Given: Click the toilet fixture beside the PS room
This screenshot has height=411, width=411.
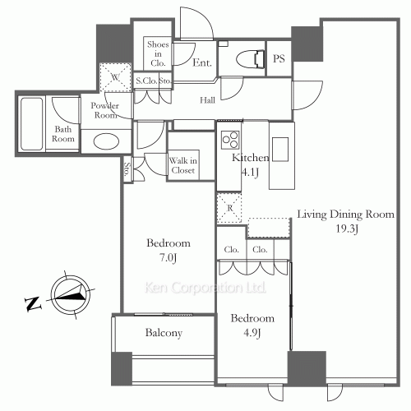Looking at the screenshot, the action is tap(250, 59).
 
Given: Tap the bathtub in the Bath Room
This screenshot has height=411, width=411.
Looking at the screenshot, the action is tap(32, 124).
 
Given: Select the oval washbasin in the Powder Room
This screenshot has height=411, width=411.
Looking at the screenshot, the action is tap(106, 141).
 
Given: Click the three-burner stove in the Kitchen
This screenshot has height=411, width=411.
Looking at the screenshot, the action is tap(230, 140).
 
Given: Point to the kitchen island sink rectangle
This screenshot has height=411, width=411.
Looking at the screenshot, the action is tap(280, 149).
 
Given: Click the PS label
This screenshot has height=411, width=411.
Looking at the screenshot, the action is tap(279, 58).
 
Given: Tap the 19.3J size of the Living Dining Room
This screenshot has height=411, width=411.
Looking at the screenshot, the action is tap(347, 229).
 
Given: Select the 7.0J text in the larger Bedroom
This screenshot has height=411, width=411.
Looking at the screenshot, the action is tap(168, 258).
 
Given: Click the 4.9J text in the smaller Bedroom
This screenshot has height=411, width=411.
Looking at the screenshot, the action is tap(252, 333).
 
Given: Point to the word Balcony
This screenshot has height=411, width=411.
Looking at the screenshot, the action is tap(164, 333).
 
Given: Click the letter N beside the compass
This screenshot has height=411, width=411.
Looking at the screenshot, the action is tap(33, 303).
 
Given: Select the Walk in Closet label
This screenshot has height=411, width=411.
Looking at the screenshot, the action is tap(183, 165).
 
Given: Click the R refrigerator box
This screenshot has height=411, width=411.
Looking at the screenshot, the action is tap(229, 208).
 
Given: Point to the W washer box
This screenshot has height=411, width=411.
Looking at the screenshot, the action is tap(115, 77).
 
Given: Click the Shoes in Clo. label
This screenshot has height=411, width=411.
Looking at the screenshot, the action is tap(158, 53).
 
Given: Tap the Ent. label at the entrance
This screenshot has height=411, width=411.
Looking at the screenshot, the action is tap(202, 62).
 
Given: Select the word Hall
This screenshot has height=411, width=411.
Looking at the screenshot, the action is tap(207, 100).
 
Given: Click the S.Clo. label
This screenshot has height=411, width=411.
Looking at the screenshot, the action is tap(146, 81).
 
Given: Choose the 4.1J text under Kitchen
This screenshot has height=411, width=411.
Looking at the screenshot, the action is tap(250, 173).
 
